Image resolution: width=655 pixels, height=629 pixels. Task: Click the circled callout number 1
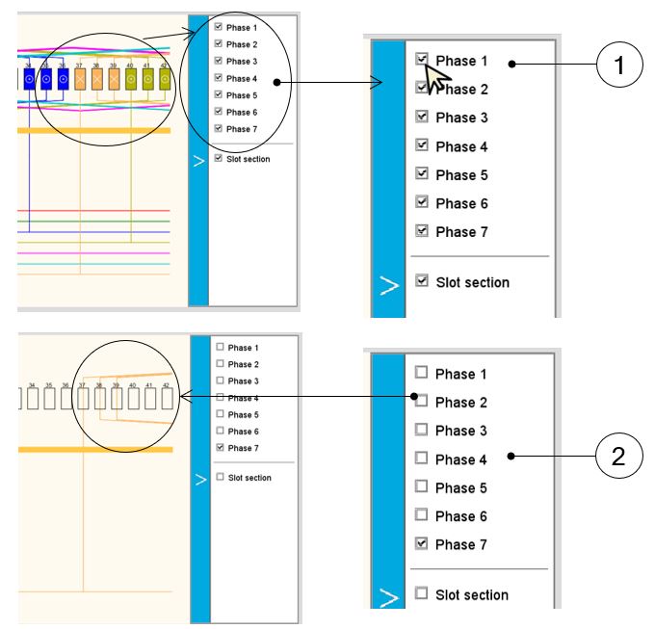click(x=618, y=66)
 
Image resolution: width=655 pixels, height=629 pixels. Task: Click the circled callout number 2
click(x=618, y=457)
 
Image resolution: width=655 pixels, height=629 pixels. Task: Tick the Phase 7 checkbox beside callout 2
click(x=421, y=544)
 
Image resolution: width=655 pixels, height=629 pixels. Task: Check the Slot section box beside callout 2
click(x=421, y=594)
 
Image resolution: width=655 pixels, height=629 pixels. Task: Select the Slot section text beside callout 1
click(x=472, y=282)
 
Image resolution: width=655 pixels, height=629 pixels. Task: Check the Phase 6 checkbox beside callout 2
click(x=421, y=515)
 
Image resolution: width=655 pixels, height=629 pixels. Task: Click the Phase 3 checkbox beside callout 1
click(x=421, y=118)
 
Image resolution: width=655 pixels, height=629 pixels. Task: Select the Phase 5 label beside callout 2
click(x=461, y=487)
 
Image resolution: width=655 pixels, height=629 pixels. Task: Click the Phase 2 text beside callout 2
click(x=461, y=402)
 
